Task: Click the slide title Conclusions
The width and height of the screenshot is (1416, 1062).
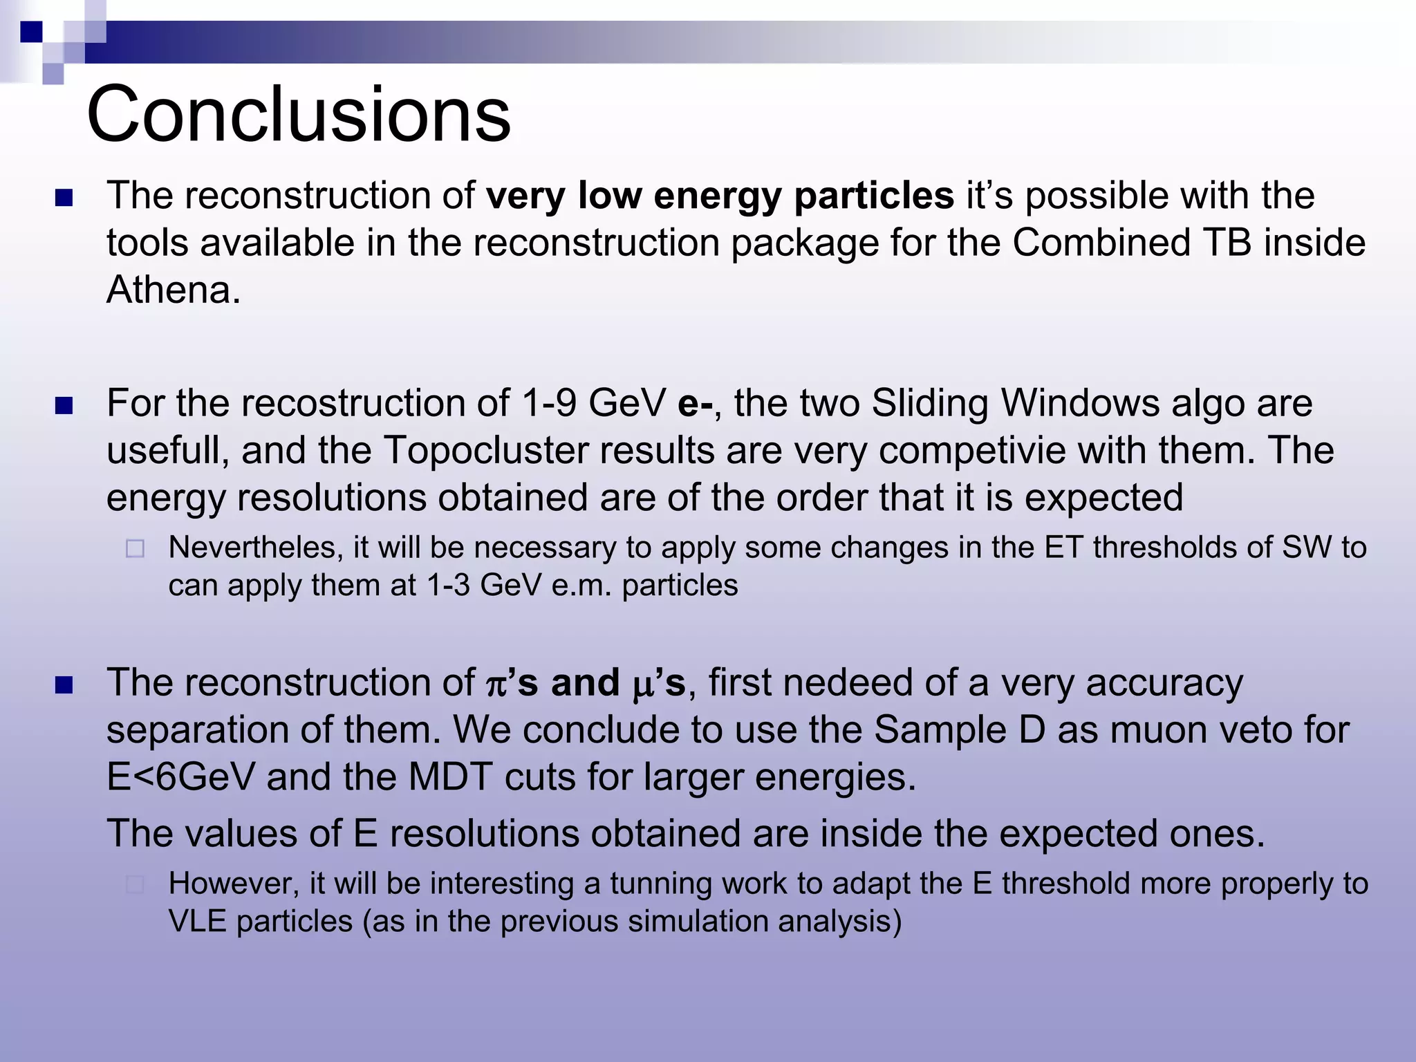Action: tap(299, 114)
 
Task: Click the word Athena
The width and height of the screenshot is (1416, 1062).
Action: tap(173, 289)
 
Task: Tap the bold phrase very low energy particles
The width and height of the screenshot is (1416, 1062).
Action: tap(720, 196)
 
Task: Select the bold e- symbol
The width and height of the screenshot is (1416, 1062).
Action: tap(695, 403)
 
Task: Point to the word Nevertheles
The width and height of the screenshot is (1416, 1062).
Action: tap(256, 548)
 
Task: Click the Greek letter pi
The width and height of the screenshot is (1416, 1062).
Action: tap(496, 684)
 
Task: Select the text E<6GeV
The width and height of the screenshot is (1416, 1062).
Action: tap(180, 777)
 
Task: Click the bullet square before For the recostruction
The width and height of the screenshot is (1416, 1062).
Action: tap(64, 405)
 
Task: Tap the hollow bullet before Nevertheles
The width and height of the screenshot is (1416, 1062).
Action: tap(136, 549)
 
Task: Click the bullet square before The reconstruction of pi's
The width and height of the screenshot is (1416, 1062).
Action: tap(64, 685)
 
